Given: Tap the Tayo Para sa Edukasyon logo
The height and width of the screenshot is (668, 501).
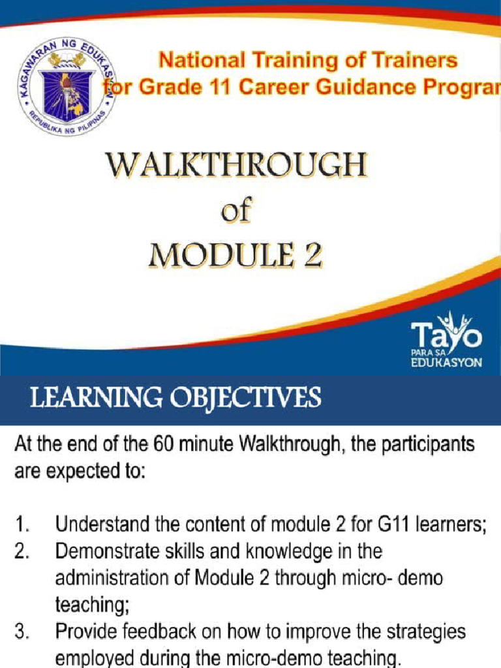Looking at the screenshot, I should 446,340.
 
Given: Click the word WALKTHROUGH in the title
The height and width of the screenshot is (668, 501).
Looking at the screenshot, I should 236,166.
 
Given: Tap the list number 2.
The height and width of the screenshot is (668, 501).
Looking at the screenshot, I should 22,552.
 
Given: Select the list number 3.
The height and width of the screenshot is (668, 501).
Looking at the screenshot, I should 22,632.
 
